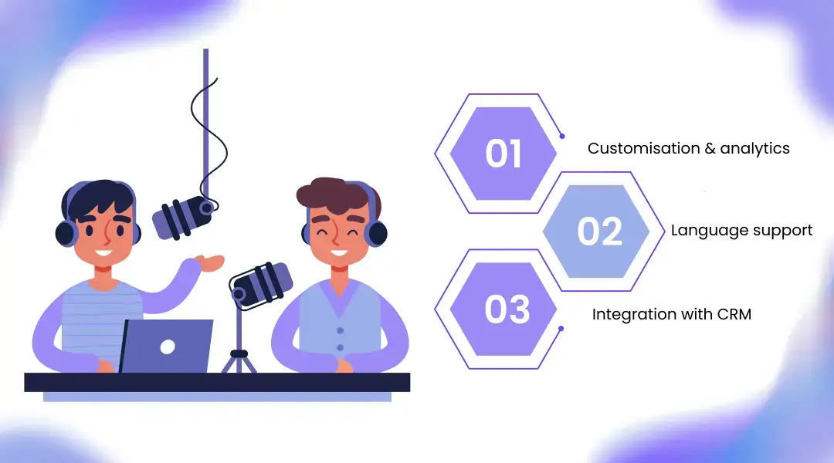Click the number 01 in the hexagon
click(503, 153)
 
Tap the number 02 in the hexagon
click(600, 231)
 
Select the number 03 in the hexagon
click(507, 309)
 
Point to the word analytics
click(754, 148)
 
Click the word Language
click(700, 230)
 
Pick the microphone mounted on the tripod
click(262, 282)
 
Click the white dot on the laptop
click(168, 346)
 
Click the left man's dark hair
click(97, 198)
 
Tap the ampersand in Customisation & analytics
click(710, 148)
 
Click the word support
click(781, 231)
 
